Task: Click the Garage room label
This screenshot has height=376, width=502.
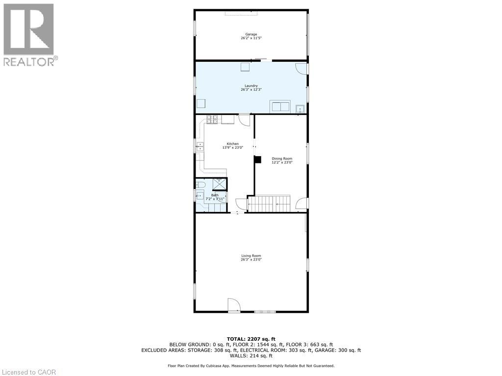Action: pyautogui.click(x=251, y=34)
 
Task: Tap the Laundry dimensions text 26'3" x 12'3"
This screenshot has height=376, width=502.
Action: pyautogui.click(x=251, y=90)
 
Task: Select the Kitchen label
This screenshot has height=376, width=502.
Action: pyautogui.click(x=232, y=143)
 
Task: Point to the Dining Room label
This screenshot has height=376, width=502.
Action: pyautogui.click(x=282, y=158)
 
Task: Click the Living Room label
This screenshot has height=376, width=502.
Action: pyautogui.click(x=251, y=256)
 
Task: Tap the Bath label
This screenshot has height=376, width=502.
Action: pyautogui.click(x=215, y=195)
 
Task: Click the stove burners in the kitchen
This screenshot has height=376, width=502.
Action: pyautogui.click(x=212, y=119)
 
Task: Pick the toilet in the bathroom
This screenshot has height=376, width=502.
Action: pyautogui.click(x=201, y=185)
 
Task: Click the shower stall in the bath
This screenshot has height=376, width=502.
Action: pyautogui.click(x=219, y=184)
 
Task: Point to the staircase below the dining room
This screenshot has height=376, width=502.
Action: pyautogui.click(x=269, y=203)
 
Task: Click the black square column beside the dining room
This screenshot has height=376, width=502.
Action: pyautogui.click(x=257, y=159)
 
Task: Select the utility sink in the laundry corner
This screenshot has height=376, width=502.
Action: pyautogui.click(x=300, y=108)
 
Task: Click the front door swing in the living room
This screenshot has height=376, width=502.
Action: pyautogui.click(x=234, y=305)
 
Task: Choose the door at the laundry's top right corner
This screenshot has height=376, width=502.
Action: pyautogui.click(x=301, y=69)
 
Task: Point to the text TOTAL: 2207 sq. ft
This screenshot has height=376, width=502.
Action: pyautogui.click(x=251, y=339)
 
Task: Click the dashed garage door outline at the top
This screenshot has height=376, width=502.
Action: pyautogui.click(x=239, y=13)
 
